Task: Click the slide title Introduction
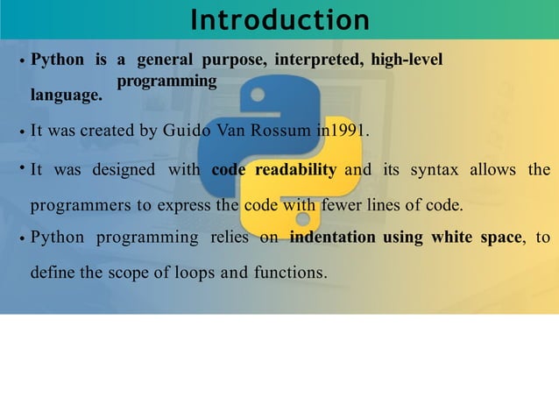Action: tap(279, 19)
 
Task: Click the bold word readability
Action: tap(295, 169)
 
